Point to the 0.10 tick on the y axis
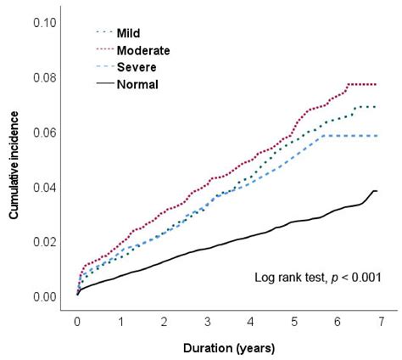click(x=45, y=22)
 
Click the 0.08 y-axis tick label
click(x=45, y=77)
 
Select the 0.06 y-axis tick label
click(x=45, y=132)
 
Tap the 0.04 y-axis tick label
click(x=45, y=187)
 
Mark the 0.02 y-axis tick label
click(x=45, y=242)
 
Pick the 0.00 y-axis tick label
click(x=45, y=297)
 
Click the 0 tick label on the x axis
click(x=77, y=323)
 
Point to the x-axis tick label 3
click(x=207, y=323)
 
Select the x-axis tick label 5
click(x=293, y=323)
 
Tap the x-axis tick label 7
click(x=380, y=323)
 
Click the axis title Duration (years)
click(x=229, y=348)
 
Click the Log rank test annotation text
click(x=318, y=277)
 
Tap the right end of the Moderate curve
click(x=376, y=84)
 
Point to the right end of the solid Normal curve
click(x=376, y=191)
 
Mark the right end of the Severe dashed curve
click(x=376, y=136)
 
